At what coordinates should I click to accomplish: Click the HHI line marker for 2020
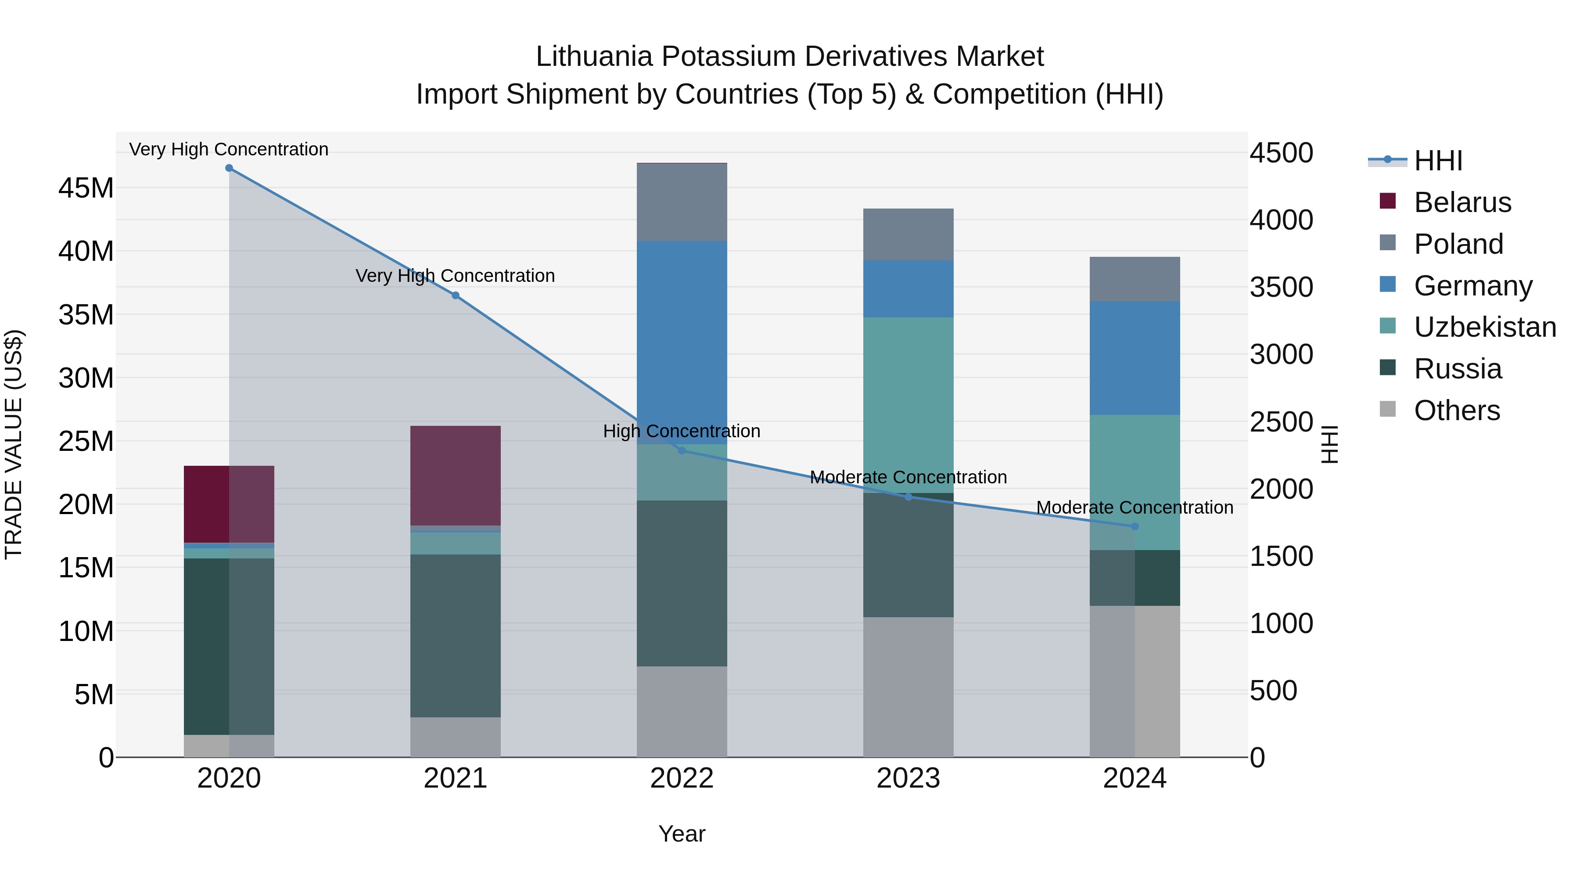pos(229,168)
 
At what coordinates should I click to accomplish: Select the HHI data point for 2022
pos(682,451)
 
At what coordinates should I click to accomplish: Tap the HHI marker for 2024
pos(1134,526)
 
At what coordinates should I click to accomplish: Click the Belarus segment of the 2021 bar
pos(455,475)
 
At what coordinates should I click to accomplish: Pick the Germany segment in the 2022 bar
pos(682,342)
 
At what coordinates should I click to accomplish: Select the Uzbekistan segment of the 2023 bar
pos(908,405)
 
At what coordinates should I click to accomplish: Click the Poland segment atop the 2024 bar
pos(1134,279)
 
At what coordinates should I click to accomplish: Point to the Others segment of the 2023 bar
pos(908,687)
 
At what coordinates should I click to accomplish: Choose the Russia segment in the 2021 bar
pos(455,636)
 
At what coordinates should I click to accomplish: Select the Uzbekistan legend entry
pos(1484,327)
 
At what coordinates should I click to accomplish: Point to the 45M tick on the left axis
pos(86,188)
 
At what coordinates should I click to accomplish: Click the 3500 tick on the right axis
pos(1281,287)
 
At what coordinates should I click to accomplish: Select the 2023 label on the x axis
pos(908,778)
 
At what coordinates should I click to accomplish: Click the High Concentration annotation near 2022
pos(682,431)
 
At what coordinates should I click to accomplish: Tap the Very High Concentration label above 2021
pos(455,276)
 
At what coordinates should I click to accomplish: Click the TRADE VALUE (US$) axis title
pos(14,444)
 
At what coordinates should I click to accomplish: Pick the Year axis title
pos(682,834)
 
